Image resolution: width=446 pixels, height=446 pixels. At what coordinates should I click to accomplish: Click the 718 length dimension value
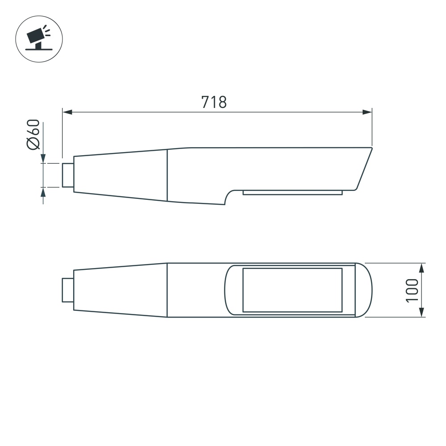pos(214,102)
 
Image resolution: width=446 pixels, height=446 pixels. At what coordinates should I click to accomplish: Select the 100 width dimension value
pos(413,290)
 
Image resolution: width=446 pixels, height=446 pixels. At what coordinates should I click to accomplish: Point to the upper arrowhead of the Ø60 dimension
pos(43,158)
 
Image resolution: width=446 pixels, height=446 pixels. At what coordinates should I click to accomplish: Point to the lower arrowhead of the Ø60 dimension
pos(43,192)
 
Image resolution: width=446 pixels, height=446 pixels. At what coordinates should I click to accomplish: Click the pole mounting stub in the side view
pos(68,175)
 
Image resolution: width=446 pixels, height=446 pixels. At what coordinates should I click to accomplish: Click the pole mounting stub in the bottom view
pos(68,289)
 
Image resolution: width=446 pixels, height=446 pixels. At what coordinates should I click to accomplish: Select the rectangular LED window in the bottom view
pos(292,290)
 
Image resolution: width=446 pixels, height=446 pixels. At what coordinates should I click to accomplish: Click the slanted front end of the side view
pos(363,169)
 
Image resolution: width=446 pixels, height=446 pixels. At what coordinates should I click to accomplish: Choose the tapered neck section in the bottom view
pos(120,290)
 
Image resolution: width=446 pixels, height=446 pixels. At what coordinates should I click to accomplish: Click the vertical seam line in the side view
pos(167,175)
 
